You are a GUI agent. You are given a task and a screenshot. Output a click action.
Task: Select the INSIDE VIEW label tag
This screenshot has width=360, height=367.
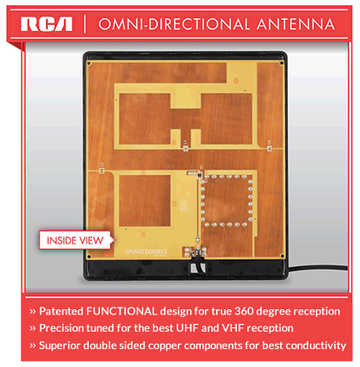76,239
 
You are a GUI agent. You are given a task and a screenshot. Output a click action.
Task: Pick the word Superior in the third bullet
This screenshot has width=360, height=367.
64,345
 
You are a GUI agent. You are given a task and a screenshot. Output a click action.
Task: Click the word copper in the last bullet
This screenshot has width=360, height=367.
189,345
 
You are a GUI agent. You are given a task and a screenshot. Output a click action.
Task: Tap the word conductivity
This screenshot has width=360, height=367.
313,345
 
